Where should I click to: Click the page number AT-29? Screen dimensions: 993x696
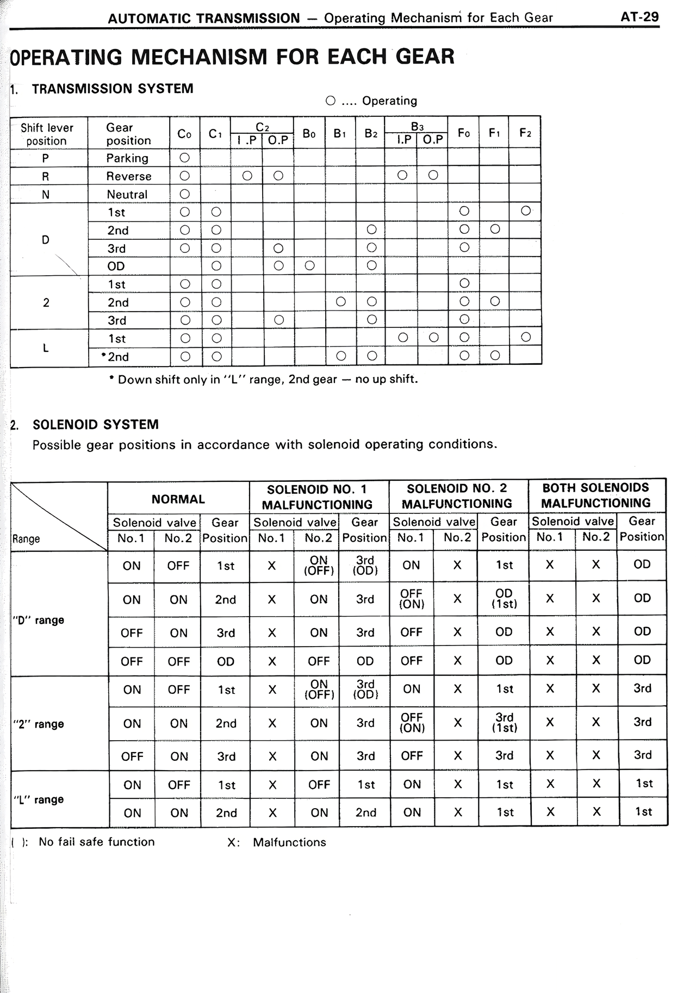[639, 17]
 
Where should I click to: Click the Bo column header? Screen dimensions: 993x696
[309, 133]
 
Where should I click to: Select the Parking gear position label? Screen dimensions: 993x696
[127, 158]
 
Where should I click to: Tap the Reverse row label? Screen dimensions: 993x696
[129, 176]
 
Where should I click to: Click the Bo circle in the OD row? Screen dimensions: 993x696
[309, 266]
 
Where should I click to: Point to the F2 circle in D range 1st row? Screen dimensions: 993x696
[525, 210]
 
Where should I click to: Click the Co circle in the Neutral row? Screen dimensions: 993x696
[184, 194]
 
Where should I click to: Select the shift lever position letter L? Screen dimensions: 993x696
[46, 348]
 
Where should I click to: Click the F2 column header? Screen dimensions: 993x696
[525, 133]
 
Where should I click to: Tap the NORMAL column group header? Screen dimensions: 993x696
[178, 499]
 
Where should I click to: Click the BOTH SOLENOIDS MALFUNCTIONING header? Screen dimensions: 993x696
[595, 495]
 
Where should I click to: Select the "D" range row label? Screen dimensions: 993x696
[38, 620]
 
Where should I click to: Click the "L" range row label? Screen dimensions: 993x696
[38, 799]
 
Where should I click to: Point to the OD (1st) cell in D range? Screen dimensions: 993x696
[504, 599]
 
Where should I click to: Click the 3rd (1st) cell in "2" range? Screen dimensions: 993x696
[504, 723]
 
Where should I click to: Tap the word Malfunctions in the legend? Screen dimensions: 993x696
[289, 842]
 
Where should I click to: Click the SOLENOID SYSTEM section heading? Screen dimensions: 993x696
[96, 425]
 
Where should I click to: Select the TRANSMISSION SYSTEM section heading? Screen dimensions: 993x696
[113, 89]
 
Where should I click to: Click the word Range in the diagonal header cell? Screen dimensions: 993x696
[26, 539]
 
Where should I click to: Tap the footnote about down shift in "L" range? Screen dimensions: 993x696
[264, 380]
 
